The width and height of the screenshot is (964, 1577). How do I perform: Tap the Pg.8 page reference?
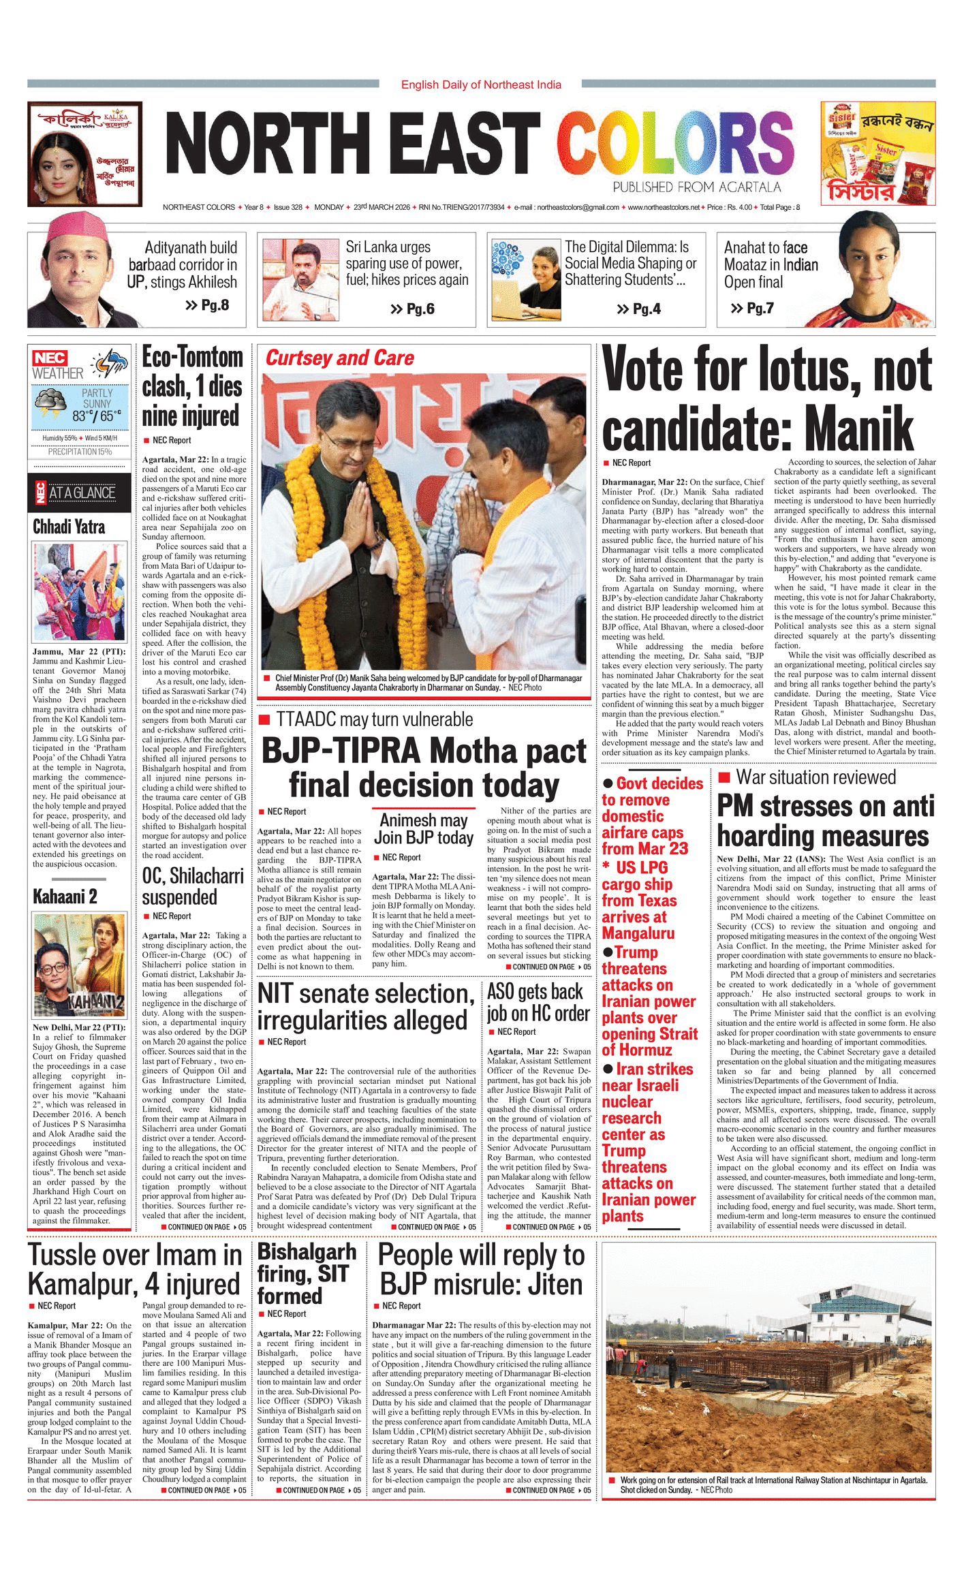click(208, 305)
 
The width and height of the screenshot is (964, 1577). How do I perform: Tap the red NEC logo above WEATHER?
click(50, 358)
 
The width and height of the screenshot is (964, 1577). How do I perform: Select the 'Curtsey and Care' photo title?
click(339, 358)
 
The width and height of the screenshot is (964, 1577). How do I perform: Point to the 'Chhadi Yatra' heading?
click(69, 527)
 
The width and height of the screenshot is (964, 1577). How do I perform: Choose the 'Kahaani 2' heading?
click(65, 896)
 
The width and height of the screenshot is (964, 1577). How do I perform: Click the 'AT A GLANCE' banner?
click(82, 493)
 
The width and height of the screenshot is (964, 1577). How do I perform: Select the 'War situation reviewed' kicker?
click(816, 777)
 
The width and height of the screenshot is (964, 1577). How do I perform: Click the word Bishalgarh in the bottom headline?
click(307, 1251)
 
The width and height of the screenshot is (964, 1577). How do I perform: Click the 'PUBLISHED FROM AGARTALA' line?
click(696, 187)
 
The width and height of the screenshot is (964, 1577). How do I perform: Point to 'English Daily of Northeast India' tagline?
click(481, 84)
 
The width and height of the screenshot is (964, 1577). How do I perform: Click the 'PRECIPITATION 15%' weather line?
click(80, 452)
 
